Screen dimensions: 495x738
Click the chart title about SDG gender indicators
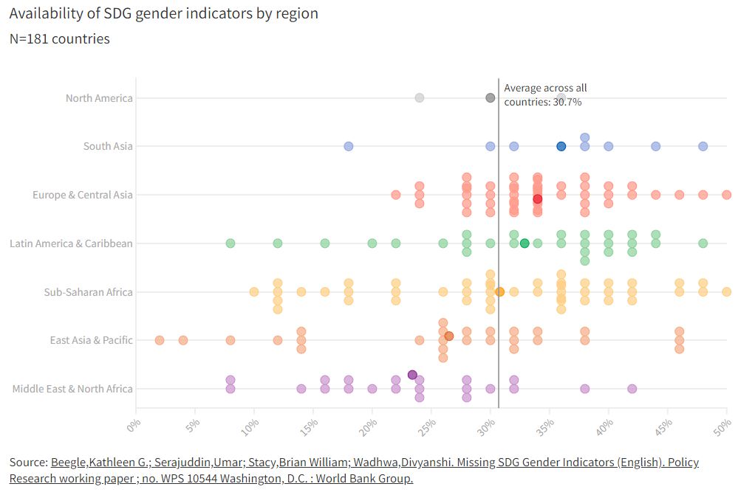164,13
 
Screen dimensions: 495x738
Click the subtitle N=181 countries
60,39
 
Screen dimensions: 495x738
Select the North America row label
99,98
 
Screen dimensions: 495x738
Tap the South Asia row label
108,146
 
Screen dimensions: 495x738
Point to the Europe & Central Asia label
83,195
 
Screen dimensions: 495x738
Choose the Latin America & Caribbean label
71,243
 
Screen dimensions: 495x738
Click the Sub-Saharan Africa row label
89,292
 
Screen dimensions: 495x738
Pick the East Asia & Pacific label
92,340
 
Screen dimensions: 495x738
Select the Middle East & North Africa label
72,389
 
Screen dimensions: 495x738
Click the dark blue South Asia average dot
561,146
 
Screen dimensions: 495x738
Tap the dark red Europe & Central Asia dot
538,199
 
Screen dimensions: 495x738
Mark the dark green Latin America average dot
525,243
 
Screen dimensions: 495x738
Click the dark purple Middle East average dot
412,375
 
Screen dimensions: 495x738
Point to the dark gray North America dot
490,98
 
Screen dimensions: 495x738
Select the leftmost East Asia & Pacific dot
160,340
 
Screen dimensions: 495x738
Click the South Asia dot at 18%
349,146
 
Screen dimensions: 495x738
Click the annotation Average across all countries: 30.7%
545,95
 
